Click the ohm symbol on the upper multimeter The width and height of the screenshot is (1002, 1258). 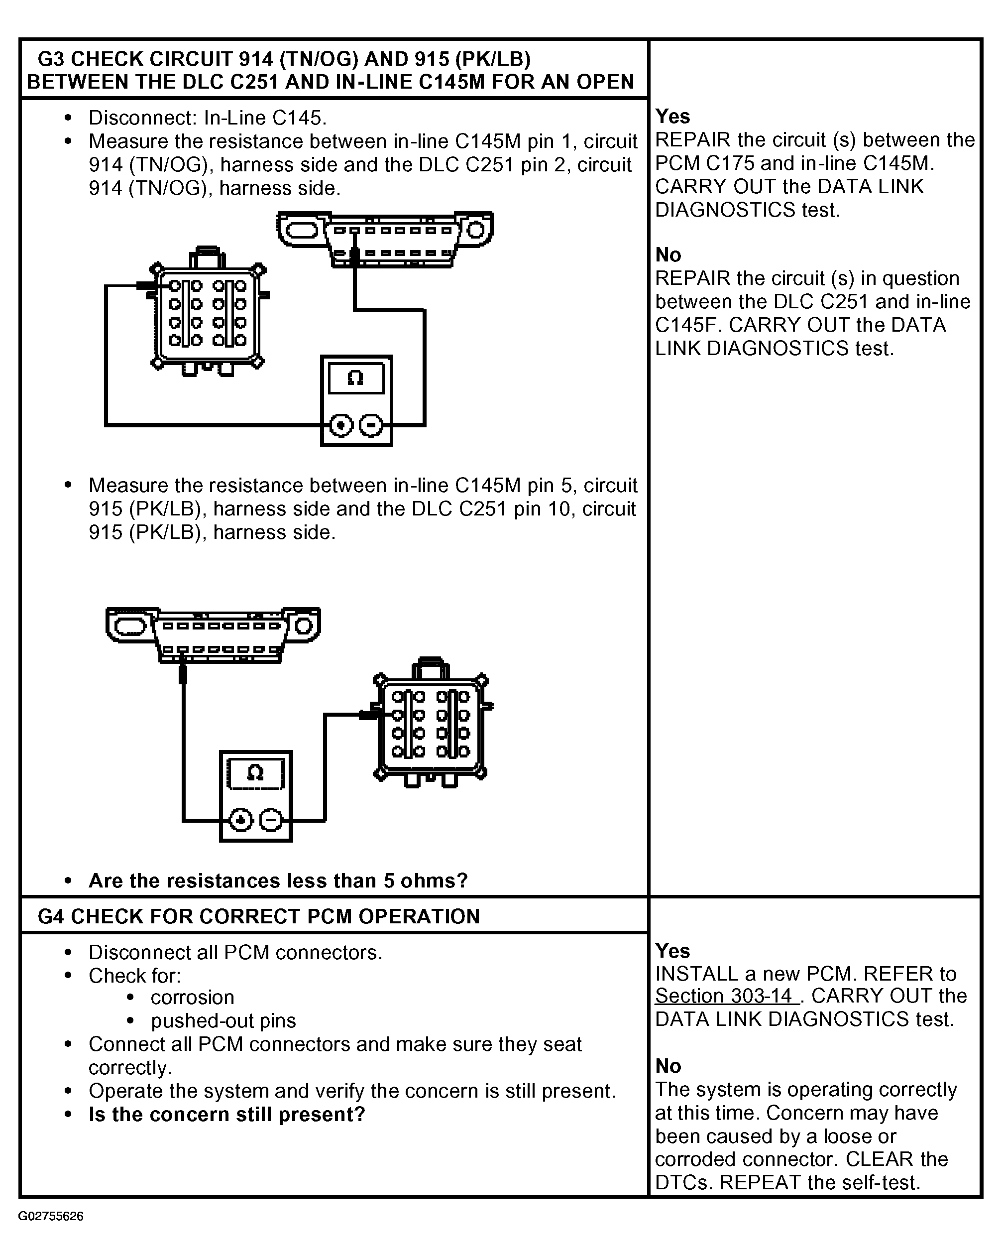(355, 378)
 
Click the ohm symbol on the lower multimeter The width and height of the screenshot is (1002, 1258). (255, 774)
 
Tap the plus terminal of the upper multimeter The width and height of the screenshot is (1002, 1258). (341, 425)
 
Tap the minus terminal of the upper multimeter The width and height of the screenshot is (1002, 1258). (371, 425)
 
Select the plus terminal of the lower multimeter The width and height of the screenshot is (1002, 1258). (240, 820)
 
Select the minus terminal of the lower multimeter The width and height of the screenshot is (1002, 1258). (271, 820)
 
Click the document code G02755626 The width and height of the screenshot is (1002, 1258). (51, 1217)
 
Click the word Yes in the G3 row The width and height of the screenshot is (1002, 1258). (672, 117)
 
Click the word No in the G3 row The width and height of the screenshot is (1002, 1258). (668, 255)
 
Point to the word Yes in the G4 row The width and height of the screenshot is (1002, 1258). (672, 951)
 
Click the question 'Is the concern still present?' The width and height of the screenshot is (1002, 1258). (227, 1115)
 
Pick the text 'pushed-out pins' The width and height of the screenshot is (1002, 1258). (223, 1021)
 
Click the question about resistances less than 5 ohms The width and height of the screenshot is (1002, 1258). (278, 881)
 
